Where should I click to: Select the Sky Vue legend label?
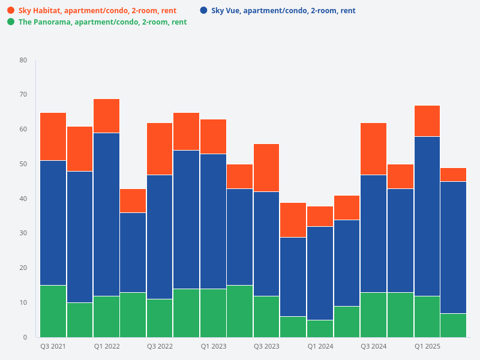click(283, 11)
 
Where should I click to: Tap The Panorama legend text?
click(103, 22)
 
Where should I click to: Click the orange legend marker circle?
click(11, 11)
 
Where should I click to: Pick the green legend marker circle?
click(11, 22)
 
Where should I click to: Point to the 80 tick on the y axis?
click(23, 60)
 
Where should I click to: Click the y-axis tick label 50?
click(23, 164)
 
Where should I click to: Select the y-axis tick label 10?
click(23, 302)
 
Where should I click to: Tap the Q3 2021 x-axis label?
click(53, 347)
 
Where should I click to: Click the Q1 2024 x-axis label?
click(320, 347)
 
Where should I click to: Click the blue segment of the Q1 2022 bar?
click(106, 214)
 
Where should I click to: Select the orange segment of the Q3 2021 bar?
click(53, 136)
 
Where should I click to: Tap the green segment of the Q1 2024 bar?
click(320, 328)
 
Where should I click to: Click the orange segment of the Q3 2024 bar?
click(373, 148)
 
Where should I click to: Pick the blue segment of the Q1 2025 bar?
click(427, 216)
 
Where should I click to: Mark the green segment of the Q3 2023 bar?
click(266, 316)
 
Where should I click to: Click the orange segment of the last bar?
click(453, 175)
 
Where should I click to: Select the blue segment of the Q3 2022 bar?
click(160, 236)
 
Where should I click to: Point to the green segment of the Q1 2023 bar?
click(213, 313)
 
